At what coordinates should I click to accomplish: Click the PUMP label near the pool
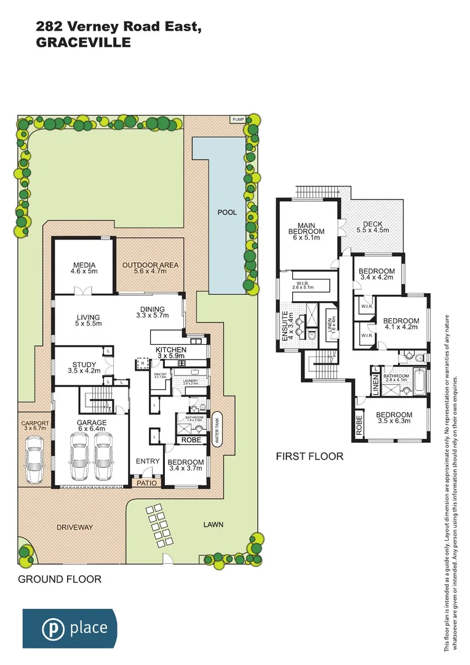point(237,119)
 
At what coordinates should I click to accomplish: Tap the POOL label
point(227,212)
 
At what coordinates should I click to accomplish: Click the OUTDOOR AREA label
point(150,265)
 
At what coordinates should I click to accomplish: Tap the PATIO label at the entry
point(148,483)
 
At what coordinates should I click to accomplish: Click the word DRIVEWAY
point(74,528)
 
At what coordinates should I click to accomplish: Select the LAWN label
point(213,525)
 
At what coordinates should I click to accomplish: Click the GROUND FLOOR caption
point(59,579)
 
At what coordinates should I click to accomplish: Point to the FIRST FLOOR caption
point(309,457)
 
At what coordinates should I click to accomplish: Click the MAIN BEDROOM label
point(306,228)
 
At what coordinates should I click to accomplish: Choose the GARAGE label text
point(92,423)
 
